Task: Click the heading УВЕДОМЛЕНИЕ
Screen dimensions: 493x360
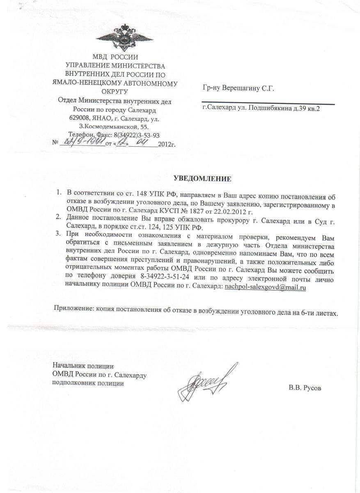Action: [203, 179]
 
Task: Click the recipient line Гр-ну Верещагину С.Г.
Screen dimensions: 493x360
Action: [238, 88]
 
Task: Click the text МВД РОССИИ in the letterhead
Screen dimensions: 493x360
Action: [115, 58]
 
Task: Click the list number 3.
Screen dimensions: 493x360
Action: [59, 235]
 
